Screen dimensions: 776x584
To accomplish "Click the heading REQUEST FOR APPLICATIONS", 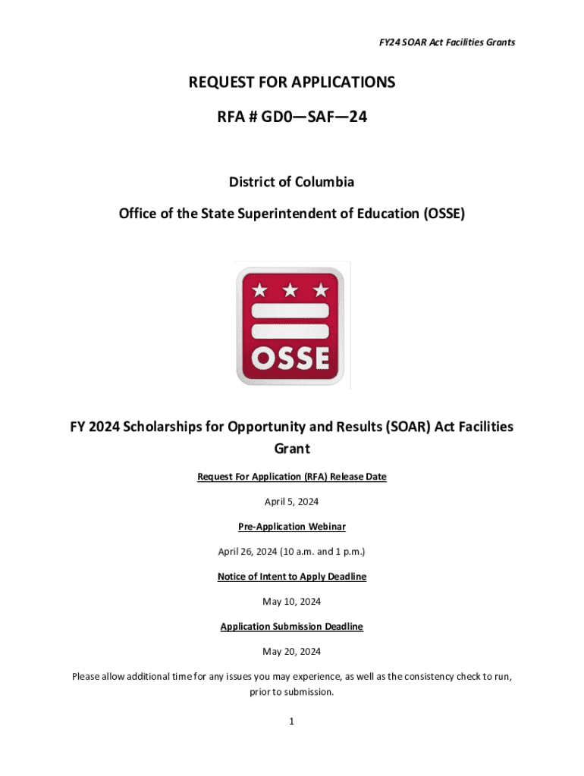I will click(292, 83).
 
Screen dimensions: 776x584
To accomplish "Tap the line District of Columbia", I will click(292, 183).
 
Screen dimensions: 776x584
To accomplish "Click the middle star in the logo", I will click(291, 290).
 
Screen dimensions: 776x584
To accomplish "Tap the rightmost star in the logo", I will click(321, 290).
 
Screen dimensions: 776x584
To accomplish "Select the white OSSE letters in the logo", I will click(291, 358).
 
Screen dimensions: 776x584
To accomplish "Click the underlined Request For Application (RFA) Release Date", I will click(292, 477).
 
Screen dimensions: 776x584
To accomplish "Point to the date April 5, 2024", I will click(292, 502).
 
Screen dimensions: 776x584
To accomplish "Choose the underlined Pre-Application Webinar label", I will click(292, 527).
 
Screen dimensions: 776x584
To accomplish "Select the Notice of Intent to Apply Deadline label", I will click(292, 577).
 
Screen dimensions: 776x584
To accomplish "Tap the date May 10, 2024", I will click(292, 602).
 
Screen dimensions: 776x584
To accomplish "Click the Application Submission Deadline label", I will click(292, 627).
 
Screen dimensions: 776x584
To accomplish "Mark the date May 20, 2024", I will click(292, 652).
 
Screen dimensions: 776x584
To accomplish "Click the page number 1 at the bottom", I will click(291, 722).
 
